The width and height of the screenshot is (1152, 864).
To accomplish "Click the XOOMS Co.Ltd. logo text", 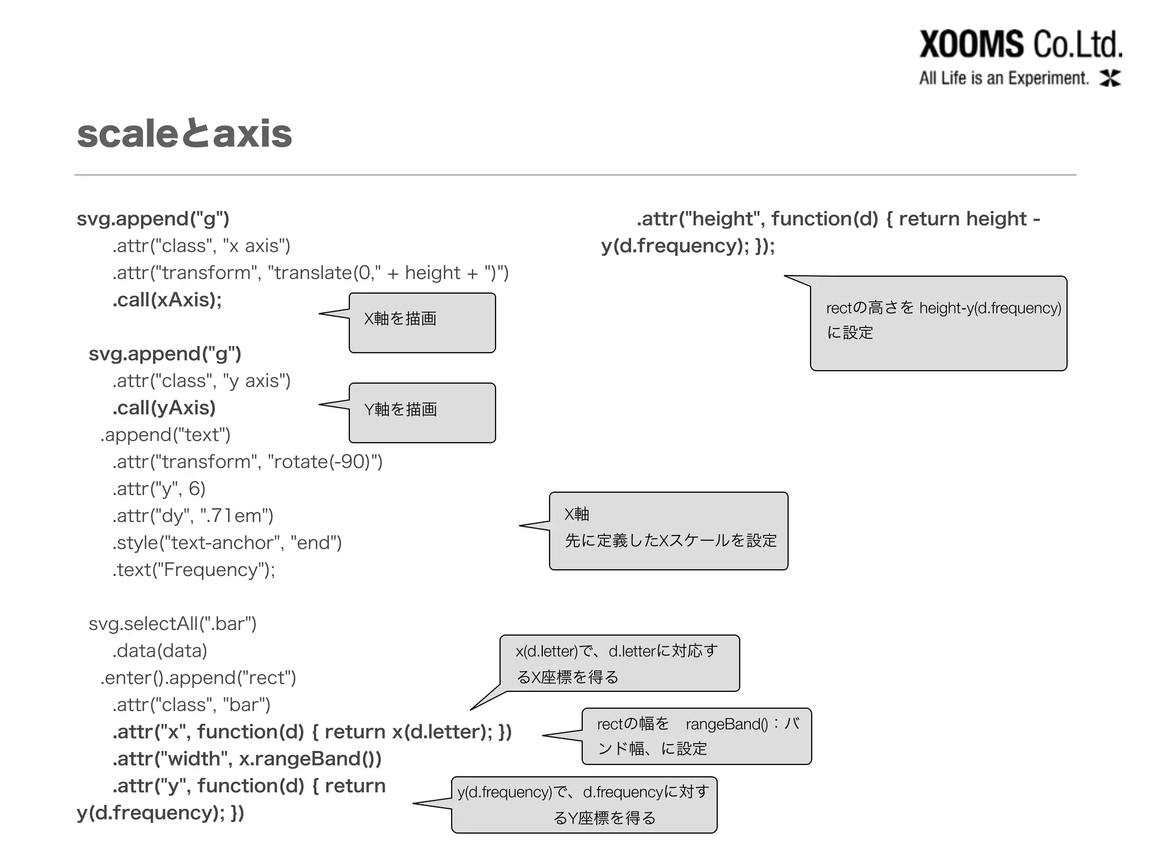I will pyautogui.click(x=1020, y=44).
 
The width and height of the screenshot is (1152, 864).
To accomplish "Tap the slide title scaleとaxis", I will pyautogui.click(x=184, y=134).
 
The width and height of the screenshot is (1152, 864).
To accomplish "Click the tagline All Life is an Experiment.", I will pyautogui.click(x=1004, y=78).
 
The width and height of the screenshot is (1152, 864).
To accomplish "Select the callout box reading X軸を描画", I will pyautogui.click(x=422, y=322).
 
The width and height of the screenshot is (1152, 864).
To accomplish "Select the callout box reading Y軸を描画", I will pyautogui.click(x=422, y=412).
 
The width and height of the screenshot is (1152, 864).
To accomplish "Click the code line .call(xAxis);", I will pyautogui.click(x=167, y=300).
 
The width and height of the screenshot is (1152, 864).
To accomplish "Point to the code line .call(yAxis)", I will pyautogui.click(x=164, y=408).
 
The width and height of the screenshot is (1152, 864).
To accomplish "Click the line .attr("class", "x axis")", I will pyautogui.click(x=201, y=246).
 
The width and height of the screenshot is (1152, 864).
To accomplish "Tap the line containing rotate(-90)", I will pyautogui.click(x=247, y=462).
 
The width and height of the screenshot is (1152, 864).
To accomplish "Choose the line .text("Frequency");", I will pyautogui.click(x=193, y=570).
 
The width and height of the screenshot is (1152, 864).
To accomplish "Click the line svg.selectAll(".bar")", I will pyautogui.click(x=172, y=624).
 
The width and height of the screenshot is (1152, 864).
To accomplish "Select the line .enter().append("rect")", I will pyautogui.click(x=198, y=678).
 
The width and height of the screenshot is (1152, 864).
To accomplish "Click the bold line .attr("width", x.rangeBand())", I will pyautogui.click(x=247, y=759).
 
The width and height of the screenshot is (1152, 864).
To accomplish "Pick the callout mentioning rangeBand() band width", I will pyautogui.click(x=696, y=736).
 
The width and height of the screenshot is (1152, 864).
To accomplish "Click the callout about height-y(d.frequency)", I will pyautogui.click(x=938, y=323).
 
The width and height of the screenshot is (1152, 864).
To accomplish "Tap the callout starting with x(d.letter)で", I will pyautogui.click(x=619, y=663).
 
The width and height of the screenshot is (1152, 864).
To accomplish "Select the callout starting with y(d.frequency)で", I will pyautogui.click(x=584, y=804).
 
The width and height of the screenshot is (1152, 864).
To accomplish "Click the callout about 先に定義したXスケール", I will pyautogui.click(x=668, y=530).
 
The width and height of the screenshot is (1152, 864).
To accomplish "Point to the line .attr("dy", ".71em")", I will pyautogui.click(x=192, y=516).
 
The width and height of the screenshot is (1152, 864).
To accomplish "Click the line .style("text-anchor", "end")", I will pyautogui.click(x=227, y=543).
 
